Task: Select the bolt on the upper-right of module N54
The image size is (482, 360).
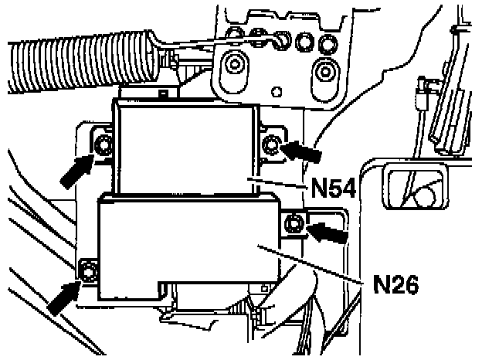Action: pyautogui.click(x=271, y=143)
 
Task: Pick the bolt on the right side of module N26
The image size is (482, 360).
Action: pyautogui.click(x=294, y=225)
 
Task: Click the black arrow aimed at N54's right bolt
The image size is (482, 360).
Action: pyautogui.click(x=303, y=151)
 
